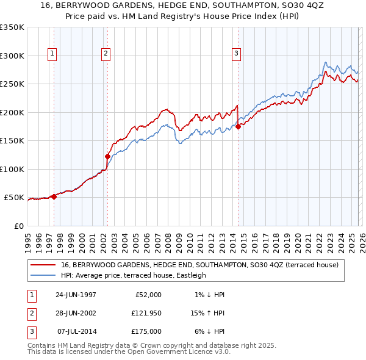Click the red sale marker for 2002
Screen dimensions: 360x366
[x=108, y=156]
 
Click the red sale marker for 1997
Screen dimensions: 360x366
[x=54, y=196]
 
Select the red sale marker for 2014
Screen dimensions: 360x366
[x=238, y=126]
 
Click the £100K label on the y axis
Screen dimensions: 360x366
[x=12, y=169]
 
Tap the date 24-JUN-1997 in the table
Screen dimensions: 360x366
[x=76, y=295]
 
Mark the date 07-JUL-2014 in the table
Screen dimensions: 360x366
[x=76, y=331]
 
